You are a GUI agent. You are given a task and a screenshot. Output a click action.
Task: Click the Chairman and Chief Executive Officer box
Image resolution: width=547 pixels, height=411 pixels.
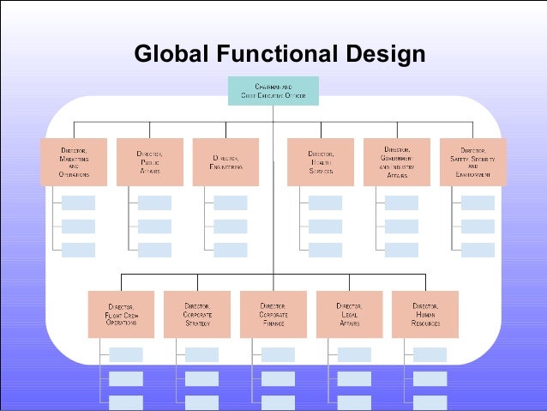[x=273, y=91]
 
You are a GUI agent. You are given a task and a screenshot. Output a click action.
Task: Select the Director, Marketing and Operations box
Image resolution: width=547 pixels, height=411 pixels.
[x=74, y=161]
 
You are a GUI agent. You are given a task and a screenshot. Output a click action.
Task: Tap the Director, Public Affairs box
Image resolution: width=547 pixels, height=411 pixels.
[x=149, y=161]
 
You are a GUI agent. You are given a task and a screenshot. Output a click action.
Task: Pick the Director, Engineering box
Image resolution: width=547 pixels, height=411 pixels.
[x=226, y=161]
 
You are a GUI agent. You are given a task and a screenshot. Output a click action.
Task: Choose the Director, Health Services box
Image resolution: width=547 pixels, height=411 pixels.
[x=321, y=161]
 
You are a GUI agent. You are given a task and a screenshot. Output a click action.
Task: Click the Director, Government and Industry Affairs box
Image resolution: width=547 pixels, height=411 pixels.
[x=397, y=161]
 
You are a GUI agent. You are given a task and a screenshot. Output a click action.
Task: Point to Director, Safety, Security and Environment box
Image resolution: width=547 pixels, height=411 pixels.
[x=473, y=161]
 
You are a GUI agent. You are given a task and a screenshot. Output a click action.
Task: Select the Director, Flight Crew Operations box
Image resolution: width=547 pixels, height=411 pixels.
[x=121, y=314]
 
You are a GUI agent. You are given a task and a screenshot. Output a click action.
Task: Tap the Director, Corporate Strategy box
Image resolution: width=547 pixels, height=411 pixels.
[x=197, y=314]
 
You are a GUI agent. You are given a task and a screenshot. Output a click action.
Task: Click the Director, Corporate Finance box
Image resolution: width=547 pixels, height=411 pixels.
[x=273, y=314]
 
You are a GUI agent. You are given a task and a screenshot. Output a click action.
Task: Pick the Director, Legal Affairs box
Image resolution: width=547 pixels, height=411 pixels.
[x=349, y=314]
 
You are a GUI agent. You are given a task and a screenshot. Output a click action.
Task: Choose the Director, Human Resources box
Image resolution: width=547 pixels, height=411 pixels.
[x=425, y=314]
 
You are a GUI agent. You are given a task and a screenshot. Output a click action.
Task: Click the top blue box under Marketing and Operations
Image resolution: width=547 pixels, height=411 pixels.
[x=79, y=203]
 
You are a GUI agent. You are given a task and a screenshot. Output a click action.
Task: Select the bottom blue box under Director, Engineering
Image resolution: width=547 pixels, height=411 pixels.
[x=231, y=250]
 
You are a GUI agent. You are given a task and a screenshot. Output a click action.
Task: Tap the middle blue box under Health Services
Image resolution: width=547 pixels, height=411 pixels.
[x=325, y=227]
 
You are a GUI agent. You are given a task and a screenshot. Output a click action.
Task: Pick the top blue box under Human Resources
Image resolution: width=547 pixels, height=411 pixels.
[x=430, y=354]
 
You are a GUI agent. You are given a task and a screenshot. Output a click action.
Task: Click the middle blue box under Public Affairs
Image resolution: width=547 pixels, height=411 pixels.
[x=154, y=227]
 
